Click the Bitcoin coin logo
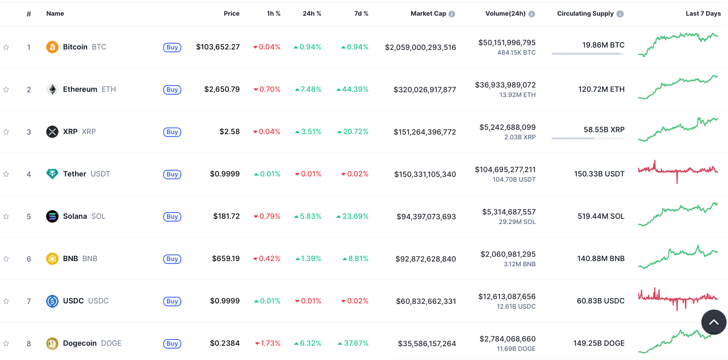(52, 47)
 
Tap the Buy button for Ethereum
(172, 89)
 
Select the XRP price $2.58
(229, 132)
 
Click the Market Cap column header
(428, 14)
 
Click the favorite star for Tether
(6, 174)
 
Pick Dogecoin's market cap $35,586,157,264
(427, 343)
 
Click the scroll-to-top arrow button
(714, 322)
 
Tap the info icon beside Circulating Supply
(620, 14)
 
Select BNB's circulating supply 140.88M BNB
(600, 259)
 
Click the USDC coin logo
(52, 301)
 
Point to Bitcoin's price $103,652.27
(218, 47)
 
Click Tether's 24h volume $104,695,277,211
(505, 169)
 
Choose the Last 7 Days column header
(703, 14)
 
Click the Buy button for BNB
(172, 259)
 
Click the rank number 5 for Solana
(29, 216)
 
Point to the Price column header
(232, 14)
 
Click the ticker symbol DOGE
(111, 343)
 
